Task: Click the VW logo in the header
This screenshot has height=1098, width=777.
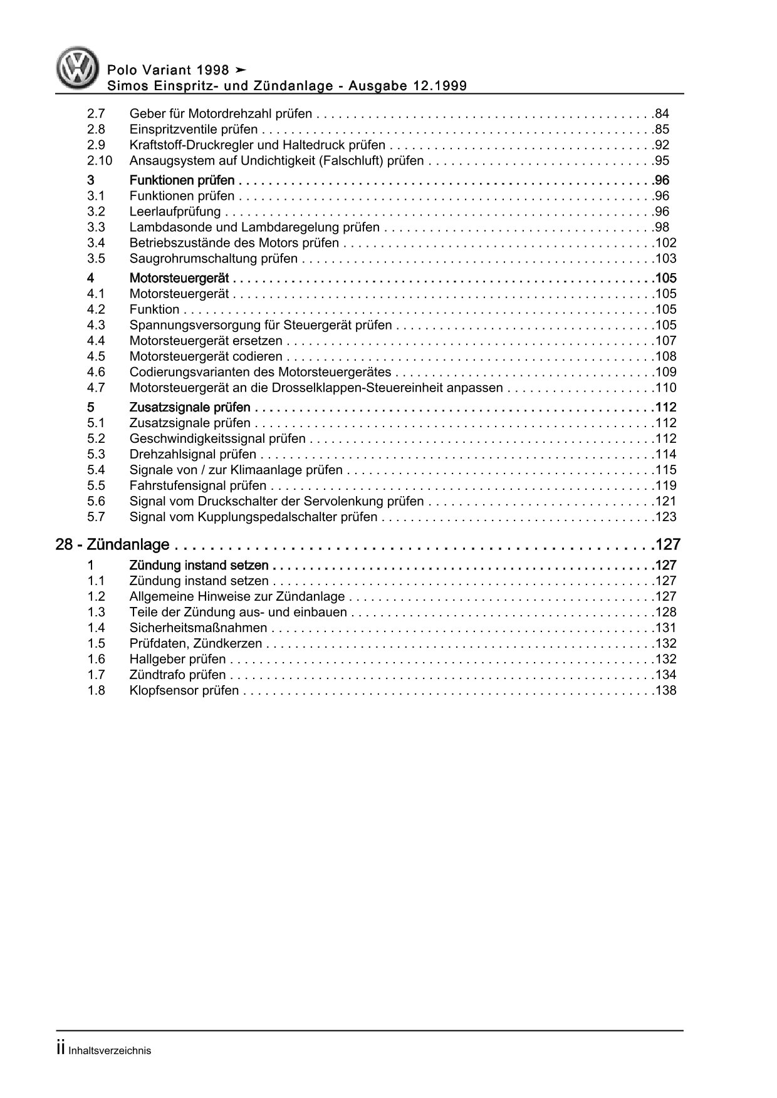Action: coord(78,68)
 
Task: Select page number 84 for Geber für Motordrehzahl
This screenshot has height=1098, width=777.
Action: coord(662,114)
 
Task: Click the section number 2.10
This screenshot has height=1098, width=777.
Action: coord(100,161)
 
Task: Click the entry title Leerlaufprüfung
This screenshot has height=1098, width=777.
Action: coord(175,212)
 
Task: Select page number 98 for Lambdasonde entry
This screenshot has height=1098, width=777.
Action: coord(662,227)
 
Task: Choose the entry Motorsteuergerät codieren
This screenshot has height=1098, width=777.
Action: coord(206,356)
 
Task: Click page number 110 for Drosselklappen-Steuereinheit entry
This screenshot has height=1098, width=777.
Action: coord(665,388)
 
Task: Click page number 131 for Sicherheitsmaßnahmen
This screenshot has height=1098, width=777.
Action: coord(665,628)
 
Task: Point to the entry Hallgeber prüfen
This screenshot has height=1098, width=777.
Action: coord(177,659)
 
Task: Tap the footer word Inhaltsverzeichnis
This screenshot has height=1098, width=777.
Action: coord(109,1051)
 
